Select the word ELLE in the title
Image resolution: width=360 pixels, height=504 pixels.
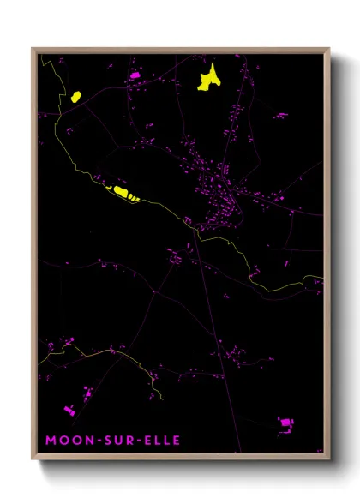point(159,441)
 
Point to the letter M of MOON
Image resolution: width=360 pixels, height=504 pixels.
point(51,441)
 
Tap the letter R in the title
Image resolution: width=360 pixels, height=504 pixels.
point(123,441)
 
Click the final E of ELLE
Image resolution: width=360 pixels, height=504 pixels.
point(176,441)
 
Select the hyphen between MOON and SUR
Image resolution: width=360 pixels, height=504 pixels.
point(92,441)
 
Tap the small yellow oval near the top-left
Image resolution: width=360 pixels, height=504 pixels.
point(75,96)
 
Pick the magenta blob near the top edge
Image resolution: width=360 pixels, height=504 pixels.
point(134,76)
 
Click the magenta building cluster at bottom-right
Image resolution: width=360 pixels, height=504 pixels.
point(285,423)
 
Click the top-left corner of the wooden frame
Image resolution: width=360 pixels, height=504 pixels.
point(33,49)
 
